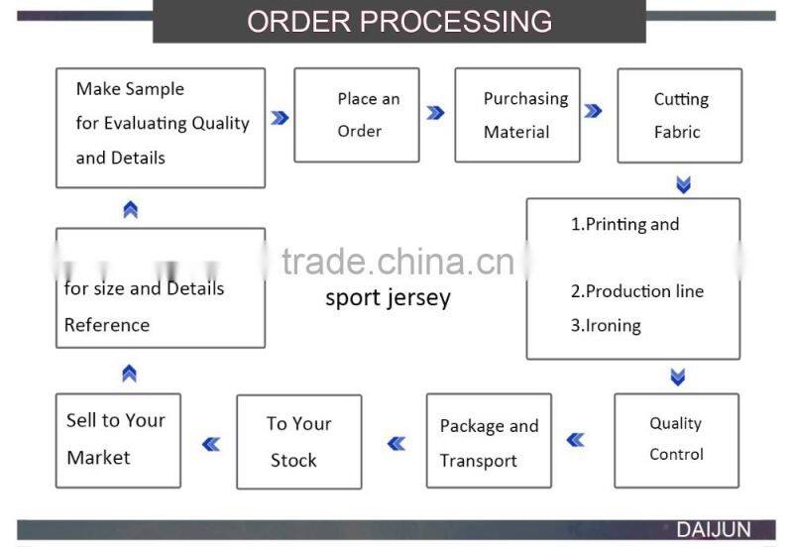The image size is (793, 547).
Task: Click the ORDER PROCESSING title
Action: (398, 21)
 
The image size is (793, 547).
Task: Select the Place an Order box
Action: (357, 114)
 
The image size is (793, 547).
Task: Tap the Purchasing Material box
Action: (516, 114)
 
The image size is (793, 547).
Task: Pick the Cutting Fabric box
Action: (679, 115)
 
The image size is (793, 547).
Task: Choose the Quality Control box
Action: (676, 439)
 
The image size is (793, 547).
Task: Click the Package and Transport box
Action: (488, 441)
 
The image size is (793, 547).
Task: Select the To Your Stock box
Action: (298, 441)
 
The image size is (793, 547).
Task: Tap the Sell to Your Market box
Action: (117, 439)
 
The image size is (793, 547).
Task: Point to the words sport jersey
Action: (388, 297)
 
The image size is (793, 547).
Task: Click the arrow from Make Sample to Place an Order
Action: (280, 117)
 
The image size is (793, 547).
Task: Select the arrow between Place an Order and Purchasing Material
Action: (435, 113)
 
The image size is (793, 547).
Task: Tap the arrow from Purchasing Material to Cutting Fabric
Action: (593, 111)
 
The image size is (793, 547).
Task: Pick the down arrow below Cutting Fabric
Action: (683, 185)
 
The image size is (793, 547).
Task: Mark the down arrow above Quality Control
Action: (678, 377)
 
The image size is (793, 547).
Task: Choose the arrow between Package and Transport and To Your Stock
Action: (396, 443)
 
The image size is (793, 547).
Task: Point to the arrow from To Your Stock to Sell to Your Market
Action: (210, 444)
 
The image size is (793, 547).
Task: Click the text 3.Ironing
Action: (606, 325)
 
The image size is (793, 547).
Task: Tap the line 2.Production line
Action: (636, 291)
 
